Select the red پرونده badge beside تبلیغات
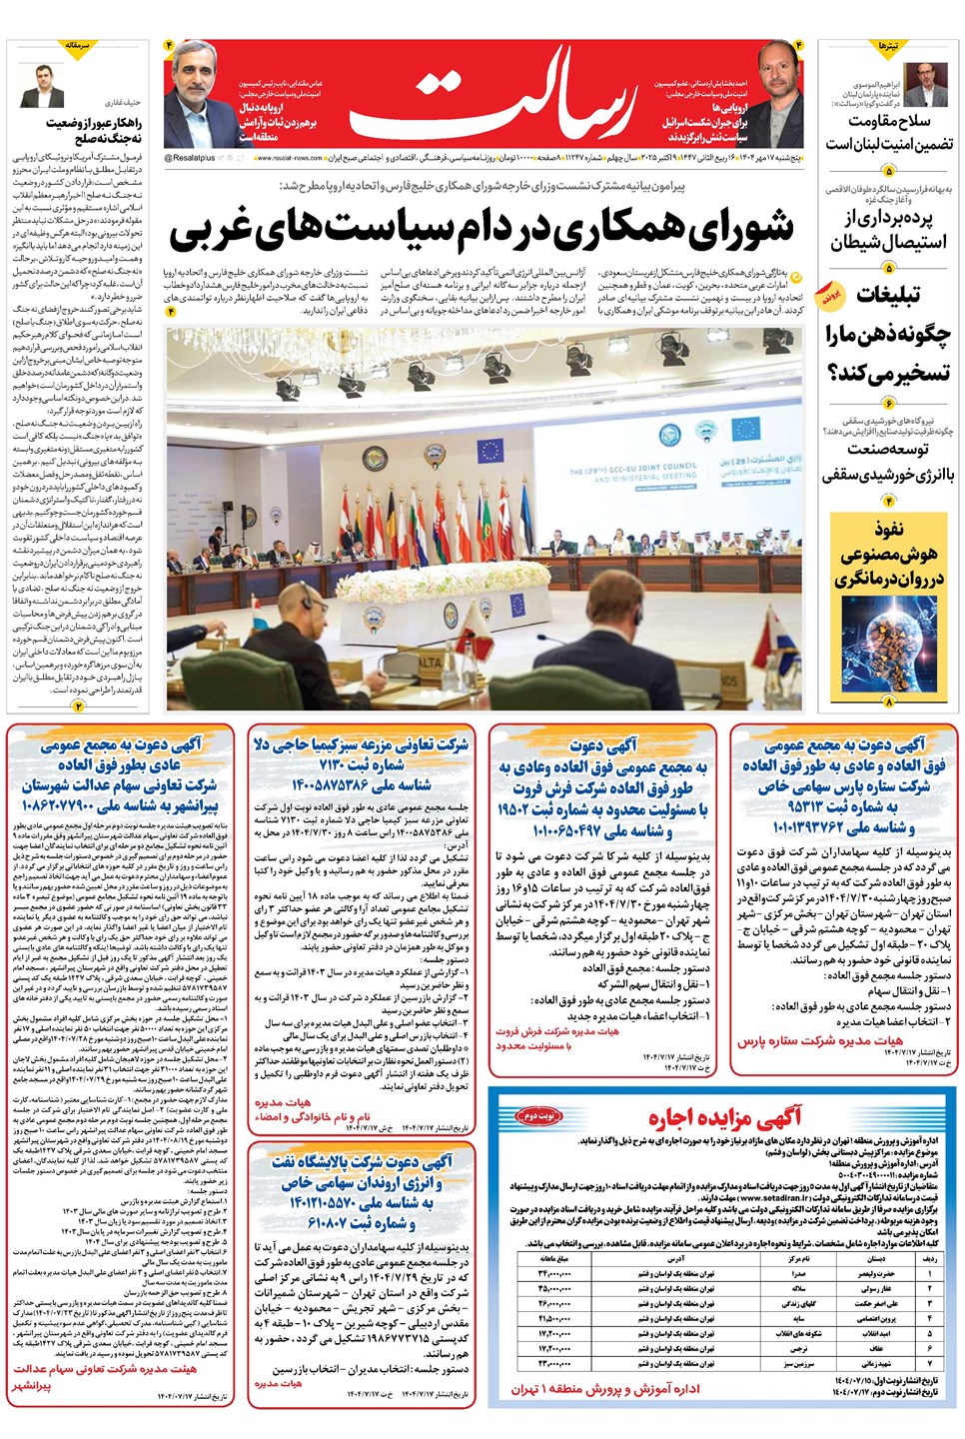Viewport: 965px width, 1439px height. (830, 297)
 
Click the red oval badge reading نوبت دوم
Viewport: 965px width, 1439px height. (538, 1115)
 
